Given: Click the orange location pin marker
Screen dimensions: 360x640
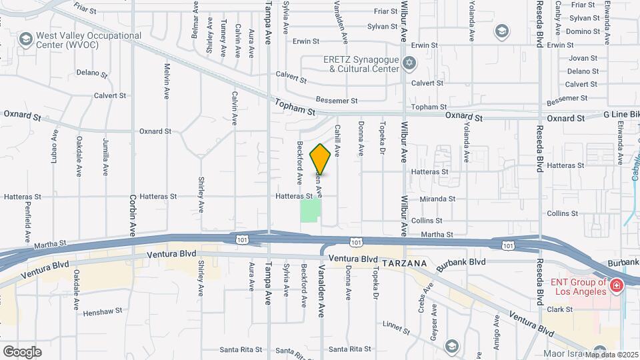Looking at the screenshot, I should (x=321, y=159).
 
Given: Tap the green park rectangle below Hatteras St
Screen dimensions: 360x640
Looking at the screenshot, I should (x=310, y=211).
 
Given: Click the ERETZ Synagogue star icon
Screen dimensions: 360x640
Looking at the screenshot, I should (x=409, y=64).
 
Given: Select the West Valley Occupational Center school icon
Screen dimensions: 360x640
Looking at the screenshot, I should (x=26, y=40).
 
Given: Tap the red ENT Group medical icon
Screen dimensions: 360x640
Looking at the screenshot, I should (x=617, y=286).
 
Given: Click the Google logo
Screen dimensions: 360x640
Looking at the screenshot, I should (x=22, y=351).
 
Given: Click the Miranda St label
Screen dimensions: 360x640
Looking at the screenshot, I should (x=438, y=199).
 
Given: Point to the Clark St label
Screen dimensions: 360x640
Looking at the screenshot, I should (x=560, y=309).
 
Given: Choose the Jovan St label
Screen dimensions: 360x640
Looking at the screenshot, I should (x=582, y=58).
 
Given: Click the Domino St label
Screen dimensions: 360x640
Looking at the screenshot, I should (x=583, y=31).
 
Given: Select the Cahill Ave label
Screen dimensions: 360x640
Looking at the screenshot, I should (x=337, y=141).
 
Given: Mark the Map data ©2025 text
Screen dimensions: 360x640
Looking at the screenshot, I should (x=611, y=354).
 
